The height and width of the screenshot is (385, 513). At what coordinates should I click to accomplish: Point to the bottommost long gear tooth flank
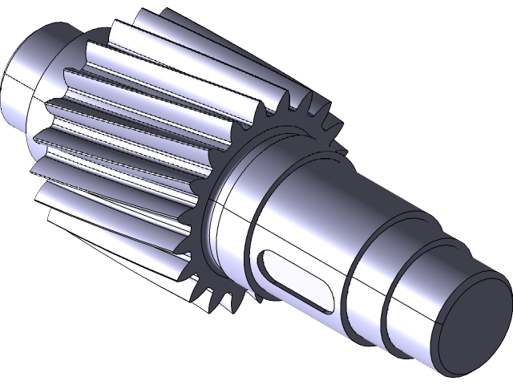pyautogui.click(x=120, y=257)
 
